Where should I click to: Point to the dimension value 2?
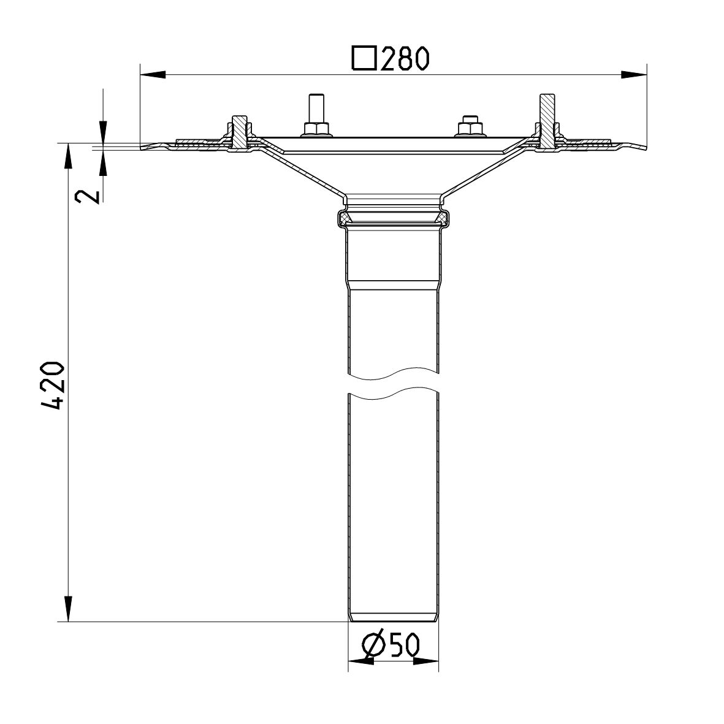click(x=86, y=196)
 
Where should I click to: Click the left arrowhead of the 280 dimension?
click(x=153, y=75)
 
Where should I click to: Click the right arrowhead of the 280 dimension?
click(x=634, y=75)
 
